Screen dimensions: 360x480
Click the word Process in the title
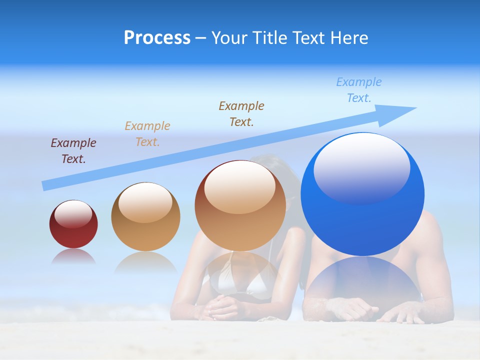[x=157, y=37]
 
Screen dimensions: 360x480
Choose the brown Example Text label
[x=241, y=113]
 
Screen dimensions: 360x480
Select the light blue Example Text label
[x=359, y=90]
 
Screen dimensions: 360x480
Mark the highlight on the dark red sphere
[x=73, y=214]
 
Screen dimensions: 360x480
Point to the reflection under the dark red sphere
[x=73, y=256]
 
